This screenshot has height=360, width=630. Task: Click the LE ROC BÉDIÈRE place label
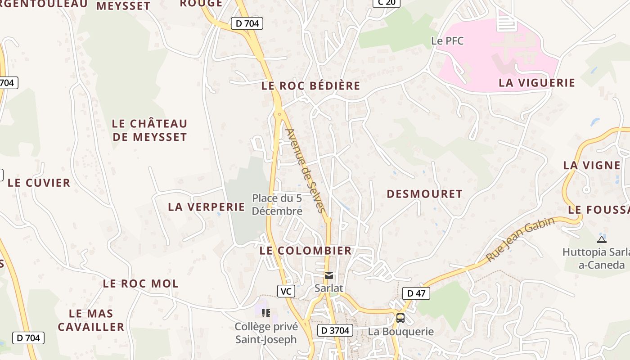coord(311,86)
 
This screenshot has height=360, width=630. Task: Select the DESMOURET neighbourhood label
coord(424,194)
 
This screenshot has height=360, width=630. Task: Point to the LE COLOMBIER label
coord(306,251)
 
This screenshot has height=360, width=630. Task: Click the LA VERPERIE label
coord(207,207)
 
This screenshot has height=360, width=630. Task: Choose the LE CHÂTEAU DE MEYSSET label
coord(149,130)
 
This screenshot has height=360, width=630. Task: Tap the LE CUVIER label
coord(39,183)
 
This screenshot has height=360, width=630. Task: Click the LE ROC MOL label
coord(141,283)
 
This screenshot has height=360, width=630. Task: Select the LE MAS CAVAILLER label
coord(91,320)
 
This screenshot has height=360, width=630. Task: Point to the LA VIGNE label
coord(592,165)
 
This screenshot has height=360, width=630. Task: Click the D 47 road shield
coord(416,293)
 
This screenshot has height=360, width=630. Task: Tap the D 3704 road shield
coord(335,330)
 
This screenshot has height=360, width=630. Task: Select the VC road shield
coord(286,291)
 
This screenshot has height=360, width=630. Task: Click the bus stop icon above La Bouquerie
coord(400,318)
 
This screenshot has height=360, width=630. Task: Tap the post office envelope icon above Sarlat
coord(329,275)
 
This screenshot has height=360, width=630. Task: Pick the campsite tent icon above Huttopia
coord(602,239)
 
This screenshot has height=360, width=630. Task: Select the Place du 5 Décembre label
coord(277,204)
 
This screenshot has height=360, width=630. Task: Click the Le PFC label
coord(447,41)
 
